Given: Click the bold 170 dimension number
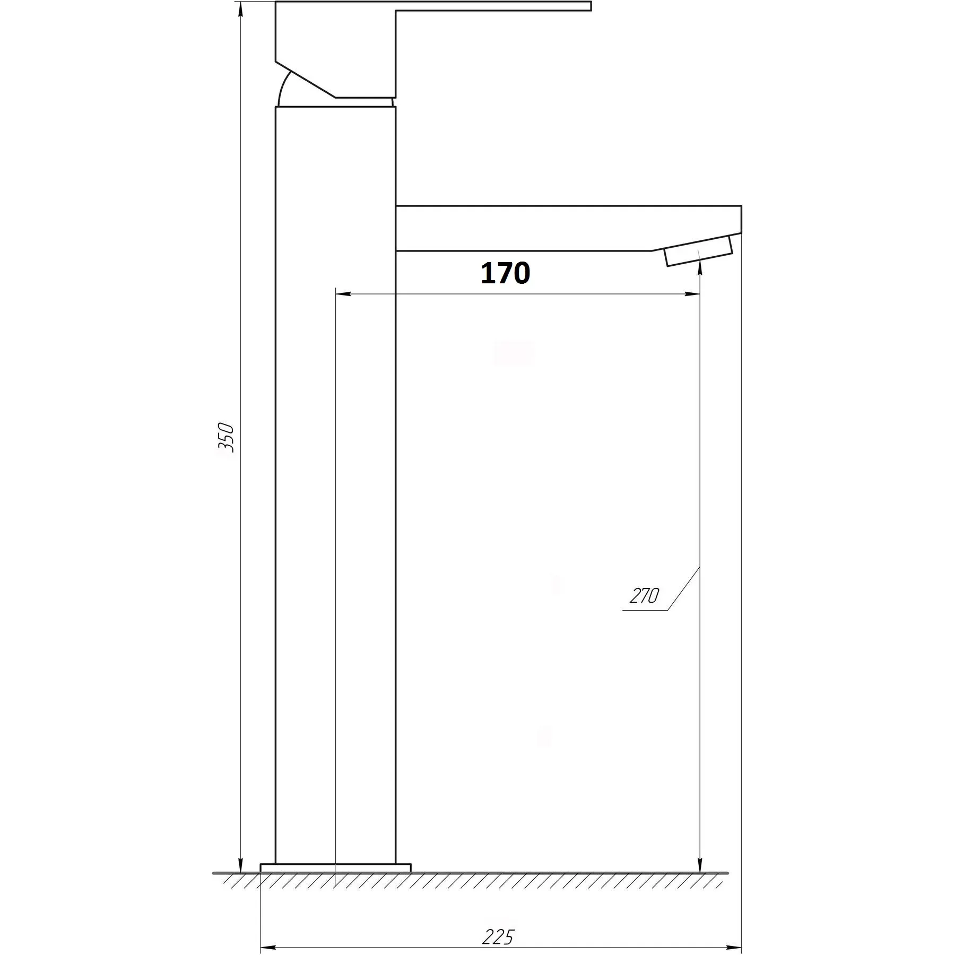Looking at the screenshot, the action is point(505,273).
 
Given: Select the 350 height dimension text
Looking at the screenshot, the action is point(225,437).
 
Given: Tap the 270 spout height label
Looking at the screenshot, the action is point(644,596).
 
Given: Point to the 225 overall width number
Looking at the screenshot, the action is point(498,922).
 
